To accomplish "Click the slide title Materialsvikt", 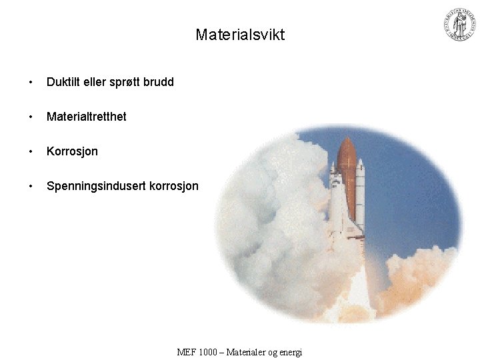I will pos(240,35).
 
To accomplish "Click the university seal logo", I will pos(460,25).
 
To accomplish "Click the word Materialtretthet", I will pos(86,117).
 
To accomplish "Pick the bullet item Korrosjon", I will pos(72,151).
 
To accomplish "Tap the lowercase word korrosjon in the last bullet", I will pos(174,186).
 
